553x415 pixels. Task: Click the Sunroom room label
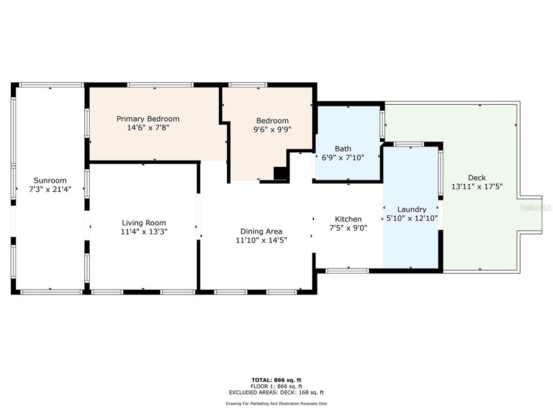point(50,180)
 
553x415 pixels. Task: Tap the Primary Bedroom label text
point(148,119)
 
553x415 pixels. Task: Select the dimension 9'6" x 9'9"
point(272,130)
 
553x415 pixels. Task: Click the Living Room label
point(144,223)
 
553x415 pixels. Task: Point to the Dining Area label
point(261,231)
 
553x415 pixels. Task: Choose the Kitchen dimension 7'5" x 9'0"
point(348,228)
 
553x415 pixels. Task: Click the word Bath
point(343,149)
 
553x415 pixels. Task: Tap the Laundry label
point(412,210)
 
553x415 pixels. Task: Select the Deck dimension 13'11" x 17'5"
point(477,186)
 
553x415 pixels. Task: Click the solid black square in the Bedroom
point(281,173)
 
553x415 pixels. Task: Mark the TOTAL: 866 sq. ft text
point(276,380)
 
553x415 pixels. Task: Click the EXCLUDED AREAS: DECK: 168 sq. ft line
point(276,392)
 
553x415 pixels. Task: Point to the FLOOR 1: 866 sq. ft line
point(276,386)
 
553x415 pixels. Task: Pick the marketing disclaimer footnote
point(276,403)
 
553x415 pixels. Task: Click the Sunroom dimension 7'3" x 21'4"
point(50,189)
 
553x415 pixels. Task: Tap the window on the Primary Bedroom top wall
point(160,85)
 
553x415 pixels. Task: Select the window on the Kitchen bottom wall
point(347,271)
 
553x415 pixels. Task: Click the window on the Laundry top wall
point(409,144)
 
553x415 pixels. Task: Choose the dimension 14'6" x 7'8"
point(148,128)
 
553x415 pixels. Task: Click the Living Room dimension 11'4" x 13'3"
point(144,232)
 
